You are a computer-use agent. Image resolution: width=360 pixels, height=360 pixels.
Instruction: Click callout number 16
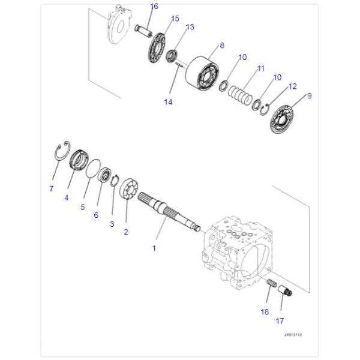[154, 7]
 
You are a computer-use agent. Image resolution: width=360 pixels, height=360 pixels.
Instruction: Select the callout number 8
[222, 45]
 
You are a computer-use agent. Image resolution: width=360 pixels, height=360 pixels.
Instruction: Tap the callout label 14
[168, 102]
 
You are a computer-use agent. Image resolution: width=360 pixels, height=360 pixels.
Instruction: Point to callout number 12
[292, 86]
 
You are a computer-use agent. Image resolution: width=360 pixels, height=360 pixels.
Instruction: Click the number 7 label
[51, 188]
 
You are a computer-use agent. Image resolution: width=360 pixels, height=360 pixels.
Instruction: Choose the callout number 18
[265, 311]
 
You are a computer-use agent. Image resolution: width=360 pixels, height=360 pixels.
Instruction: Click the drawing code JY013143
[293, 335]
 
